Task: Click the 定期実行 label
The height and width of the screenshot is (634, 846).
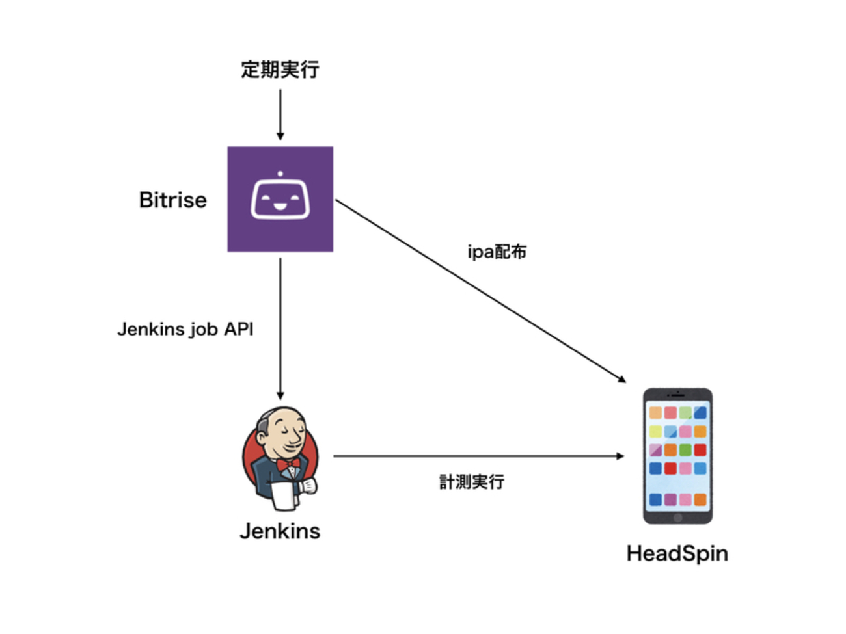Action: [280, 70]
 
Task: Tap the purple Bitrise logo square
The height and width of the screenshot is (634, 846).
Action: [280, 199]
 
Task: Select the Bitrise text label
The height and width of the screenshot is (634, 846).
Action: [172, 200]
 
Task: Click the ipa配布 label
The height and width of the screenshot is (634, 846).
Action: [497, 252]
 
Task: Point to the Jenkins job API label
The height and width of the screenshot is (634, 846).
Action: [185, 329]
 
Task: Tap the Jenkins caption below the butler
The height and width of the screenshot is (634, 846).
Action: [280, 531]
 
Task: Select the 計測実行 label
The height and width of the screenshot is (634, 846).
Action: [471, 482]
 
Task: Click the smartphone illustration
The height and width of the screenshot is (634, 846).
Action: [677, 456]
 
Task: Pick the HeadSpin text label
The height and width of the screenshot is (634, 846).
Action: [677, 553]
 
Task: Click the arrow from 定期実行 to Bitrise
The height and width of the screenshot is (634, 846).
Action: [280, 114]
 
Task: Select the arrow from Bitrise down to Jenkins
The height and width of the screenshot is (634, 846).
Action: [280, 328]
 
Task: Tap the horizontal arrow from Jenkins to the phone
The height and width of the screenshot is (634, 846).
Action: [478, 456]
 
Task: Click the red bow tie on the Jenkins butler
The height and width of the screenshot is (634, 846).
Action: [288, 464]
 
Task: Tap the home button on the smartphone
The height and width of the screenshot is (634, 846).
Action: [677, 518]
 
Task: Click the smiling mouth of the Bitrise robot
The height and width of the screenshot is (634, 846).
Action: [280, 207]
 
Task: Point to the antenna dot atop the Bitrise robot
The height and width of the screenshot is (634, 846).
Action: [280, 174]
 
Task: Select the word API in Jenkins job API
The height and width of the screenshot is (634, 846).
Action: [238, 329]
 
